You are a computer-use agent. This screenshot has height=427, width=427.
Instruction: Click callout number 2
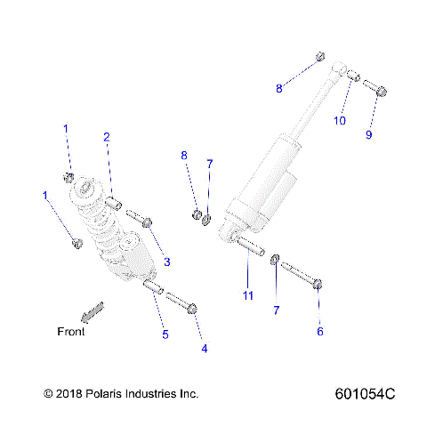point(107,137)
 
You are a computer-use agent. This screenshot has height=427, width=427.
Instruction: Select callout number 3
point(165,262)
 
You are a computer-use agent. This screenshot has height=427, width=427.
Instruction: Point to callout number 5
point(165,334)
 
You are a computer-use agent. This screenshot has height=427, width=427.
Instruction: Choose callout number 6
point(320,332)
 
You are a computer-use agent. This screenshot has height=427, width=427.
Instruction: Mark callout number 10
point(339,121)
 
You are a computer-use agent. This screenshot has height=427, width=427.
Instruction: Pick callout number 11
point(249,295)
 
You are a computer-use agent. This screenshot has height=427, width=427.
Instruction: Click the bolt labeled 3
point(139,217)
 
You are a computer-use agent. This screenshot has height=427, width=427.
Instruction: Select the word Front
point(71,332)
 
